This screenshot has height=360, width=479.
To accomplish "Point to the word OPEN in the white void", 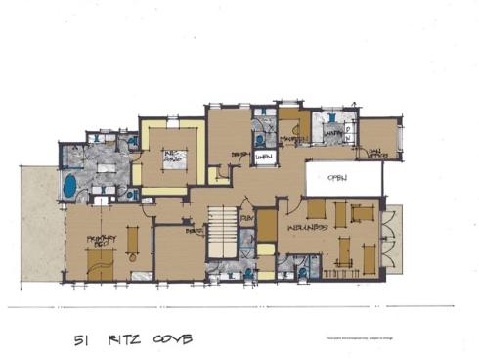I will [338, 178].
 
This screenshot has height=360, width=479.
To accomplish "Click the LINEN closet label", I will [262, 157].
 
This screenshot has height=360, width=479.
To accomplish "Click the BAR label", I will [196, 232].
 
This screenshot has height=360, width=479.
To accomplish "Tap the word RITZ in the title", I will [123, 339].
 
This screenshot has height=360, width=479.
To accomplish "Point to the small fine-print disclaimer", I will [357, 338].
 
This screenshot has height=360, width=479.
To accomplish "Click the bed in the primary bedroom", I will [98, 259].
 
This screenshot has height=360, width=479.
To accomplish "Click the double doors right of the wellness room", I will [393, 240].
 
